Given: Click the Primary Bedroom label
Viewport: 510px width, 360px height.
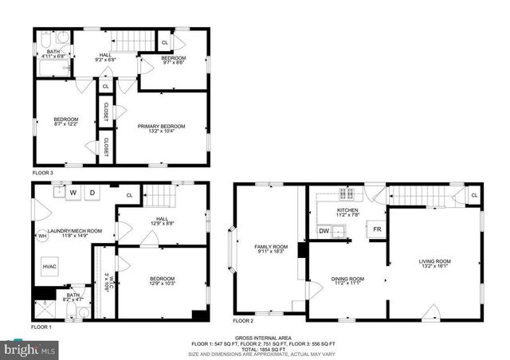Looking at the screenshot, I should pyautogui.click(x=161, y=127).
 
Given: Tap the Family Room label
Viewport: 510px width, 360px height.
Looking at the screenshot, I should pyautogui.click(x=270, y=247).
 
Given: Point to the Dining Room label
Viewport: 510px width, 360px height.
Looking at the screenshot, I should pyautogui.click(x=347, y=278).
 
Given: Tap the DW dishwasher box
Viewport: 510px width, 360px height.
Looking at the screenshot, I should pyautogui.click(x=324, y=231).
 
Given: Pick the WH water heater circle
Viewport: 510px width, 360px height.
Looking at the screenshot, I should pyautogui.click(x=42, y=236).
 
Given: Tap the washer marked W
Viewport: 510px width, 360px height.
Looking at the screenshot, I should pyautogui.click(x=73, y=192).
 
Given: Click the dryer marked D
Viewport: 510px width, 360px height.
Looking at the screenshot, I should pyautogui.click(x=92, y=192).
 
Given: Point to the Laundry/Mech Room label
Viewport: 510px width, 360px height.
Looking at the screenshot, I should pyautogui.click(x=74, y=231).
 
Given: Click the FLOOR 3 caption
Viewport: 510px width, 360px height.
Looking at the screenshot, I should pyautogui.click(x=43, y=173).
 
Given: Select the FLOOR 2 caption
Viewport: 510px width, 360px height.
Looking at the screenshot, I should pyautogui.click(x=243, y=320).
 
